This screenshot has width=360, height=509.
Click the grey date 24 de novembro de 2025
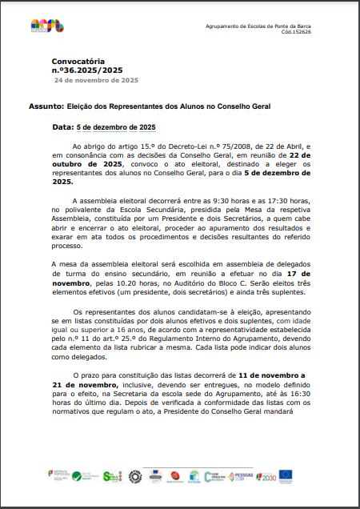coord(96,81)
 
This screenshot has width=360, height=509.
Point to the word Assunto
coord(68,106)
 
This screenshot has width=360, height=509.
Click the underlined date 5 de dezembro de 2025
coord(115,127)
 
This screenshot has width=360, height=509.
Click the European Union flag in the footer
coord(286,476)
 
